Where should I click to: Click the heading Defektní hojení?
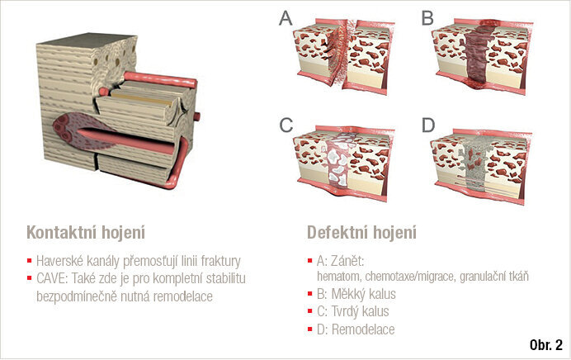click(x=361, y=232)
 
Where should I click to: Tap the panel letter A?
click(x=285, y=17)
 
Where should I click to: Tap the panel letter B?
click(x=427, y=17)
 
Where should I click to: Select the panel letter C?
click(x=285, y=126)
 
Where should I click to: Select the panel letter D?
click(x=427, y=126)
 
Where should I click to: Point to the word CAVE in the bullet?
click(x=53, y=277)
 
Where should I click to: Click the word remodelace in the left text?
click(x=181, y=295)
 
